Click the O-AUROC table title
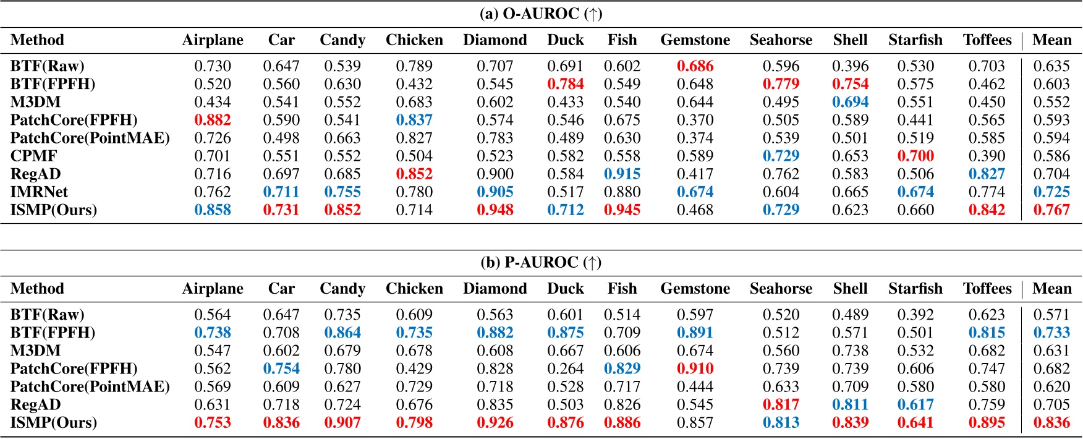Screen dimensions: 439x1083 coord(541,14)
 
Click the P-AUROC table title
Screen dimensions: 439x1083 coord(541,262)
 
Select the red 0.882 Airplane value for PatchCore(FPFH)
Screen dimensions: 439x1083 coord(213,120)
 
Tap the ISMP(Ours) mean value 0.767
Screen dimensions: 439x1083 coord(1051,210)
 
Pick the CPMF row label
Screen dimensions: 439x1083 coord(34,156)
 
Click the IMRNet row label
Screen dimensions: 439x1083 coord(39,192)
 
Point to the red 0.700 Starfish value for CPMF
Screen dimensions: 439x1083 coord(915,156)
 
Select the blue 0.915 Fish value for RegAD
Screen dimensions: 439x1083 coord(622,174)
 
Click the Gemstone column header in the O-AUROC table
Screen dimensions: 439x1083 coord(695,40)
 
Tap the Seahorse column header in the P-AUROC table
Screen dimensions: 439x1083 coord(781,289)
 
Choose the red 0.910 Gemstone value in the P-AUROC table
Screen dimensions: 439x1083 coord(695,369)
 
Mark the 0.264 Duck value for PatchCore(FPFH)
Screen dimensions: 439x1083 coord(565,369)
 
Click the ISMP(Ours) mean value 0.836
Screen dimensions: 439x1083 coord(1051,423)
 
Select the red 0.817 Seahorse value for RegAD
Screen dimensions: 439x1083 coord(781,404)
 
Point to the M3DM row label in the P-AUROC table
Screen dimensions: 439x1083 coord(35,351)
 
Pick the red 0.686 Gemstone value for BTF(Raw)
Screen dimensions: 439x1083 coord(695,66)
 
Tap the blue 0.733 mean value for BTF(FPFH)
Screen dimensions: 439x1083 coord(1051,333)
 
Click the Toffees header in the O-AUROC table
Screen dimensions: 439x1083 coord(987,40)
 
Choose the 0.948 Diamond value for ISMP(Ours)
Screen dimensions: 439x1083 coord(495,210)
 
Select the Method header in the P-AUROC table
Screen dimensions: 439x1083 coord(37,289)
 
